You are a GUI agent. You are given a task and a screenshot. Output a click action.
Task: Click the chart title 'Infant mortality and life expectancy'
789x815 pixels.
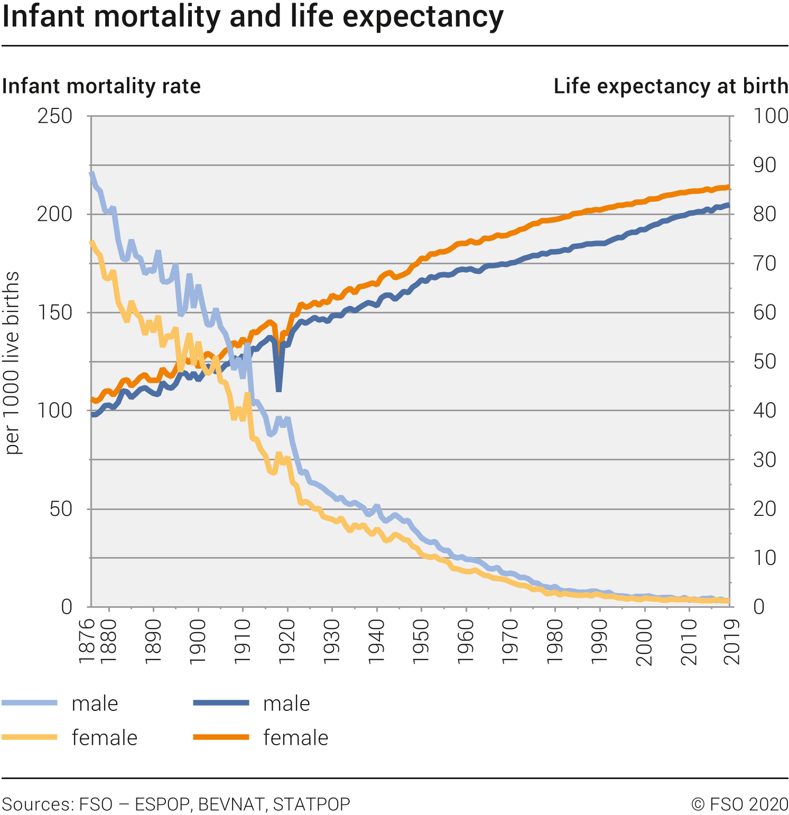click(253, 17)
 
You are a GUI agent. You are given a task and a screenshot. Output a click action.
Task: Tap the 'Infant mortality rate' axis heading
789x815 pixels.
click(101, 86)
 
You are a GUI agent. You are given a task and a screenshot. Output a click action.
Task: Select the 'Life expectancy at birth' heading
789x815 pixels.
click(671, 86)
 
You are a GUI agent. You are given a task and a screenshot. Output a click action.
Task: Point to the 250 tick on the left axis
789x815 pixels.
click(55, 116)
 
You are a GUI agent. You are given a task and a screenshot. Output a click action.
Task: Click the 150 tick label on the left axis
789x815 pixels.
click(55, 312)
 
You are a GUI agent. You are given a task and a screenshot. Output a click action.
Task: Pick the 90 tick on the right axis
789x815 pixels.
click(764, 165)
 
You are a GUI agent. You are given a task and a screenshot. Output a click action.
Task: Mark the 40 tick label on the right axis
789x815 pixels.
click(764, 411)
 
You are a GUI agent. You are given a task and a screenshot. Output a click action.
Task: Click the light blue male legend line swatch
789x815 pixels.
click(30, 703)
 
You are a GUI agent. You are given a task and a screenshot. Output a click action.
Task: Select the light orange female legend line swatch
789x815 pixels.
click(30, 737)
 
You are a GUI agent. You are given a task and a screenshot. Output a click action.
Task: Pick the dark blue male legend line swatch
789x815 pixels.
click(221, 703)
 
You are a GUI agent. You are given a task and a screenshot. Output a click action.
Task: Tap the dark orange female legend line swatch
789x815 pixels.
click(221, 737)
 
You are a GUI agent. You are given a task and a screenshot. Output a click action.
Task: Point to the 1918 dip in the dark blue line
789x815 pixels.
click(279, 389)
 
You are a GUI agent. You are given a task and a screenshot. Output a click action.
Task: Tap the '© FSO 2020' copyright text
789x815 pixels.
click(739, 804)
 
